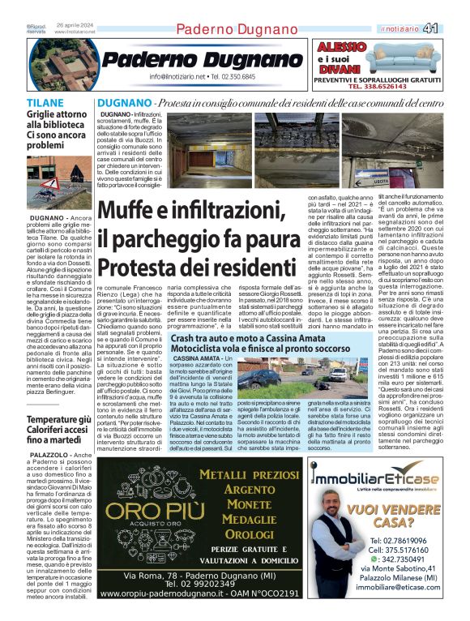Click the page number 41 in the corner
pos(453,28)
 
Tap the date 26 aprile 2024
pos(75,25)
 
